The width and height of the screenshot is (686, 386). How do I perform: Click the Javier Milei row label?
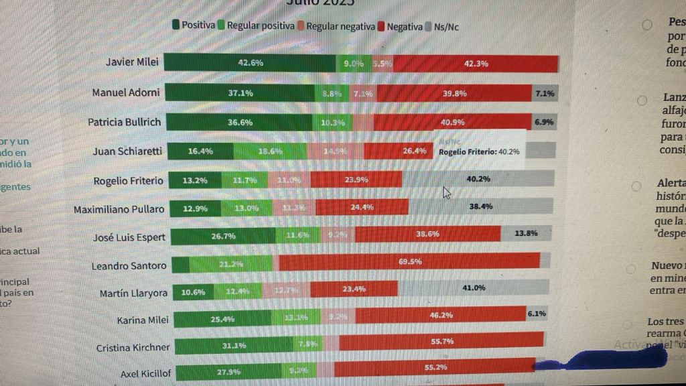click(132, 62)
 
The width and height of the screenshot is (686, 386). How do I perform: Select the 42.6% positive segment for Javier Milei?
click(251, 62)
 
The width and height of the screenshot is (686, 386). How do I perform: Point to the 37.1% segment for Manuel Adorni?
click(240, 93)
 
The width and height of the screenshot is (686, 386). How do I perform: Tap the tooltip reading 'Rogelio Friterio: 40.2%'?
click(479, 151)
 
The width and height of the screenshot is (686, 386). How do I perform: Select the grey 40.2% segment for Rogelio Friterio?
click(478, 179)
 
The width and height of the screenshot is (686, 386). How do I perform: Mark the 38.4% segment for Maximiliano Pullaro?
click(480, 207)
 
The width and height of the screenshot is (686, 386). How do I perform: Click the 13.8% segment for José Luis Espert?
click(525, 234)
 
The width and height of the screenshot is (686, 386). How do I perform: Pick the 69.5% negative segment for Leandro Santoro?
click(409, 261)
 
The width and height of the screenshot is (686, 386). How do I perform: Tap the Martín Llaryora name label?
click(133, 293)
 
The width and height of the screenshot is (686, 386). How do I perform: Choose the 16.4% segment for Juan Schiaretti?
click(200, 151)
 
